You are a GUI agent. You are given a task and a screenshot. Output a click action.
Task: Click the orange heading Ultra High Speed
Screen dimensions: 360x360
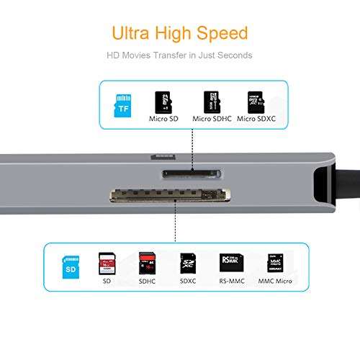pos(180,32)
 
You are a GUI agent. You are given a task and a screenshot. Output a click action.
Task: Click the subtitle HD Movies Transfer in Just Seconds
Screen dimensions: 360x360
pos(180,55)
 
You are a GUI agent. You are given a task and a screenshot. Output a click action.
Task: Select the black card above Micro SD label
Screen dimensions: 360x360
pos(163,101)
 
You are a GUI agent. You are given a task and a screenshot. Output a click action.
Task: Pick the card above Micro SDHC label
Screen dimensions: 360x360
pos(212,100)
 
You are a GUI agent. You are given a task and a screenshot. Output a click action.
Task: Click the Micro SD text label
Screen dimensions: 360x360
pos(163,119)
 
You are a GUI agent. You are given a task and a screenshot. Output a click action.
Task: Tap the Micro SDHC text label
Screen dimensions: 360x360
pos(212,119)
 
